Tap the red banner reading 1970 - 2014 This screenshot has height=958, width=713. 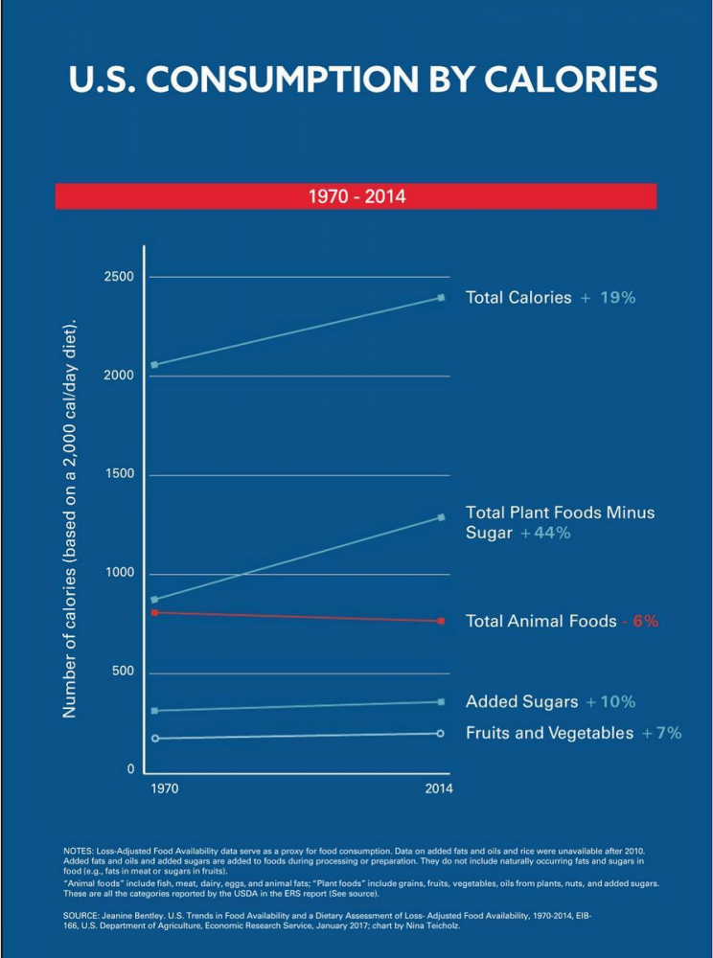click(x=356, y=196)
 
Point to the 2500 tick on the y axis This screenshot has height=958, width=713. click(x=119, y=277)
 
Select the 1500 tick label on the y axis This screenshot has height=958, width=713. click(x=119, y=474)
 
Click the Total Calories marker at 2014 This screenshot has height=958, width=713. click(x=441, y=297)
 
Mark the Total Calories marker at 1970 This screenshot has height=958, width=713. click(x=154, y=365)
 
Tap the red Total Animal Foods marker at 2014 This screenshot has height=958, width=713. click(x=441, y=621)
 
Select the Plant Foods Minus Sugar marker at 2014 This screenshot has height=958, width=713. click(x=441, y=517)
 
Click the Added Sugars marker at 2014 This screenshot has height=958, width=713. click(x=441, y=702)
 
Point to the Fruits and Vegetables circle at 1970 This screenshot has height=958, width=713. click(x=154, y=738)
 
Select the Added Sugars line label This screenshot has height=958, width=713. click(x=521, y=702)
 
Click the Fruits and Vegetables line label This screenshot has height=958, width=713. click(x=549, y=733)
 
